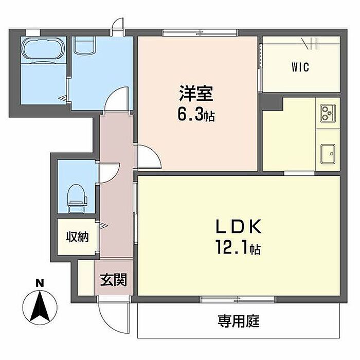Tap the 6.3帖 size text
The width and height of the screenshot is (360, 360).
[x=196, y=115]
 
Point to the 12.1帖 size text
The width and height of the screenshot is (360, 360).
[x=238, y=249]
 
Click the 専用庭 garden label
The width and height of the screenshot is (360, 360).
[x=238, y=322]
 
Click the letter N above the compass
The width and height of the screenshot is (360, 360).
[x=40, y=282]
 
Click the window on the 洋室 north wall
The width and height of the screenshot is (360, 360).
[x=200, y=34]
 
